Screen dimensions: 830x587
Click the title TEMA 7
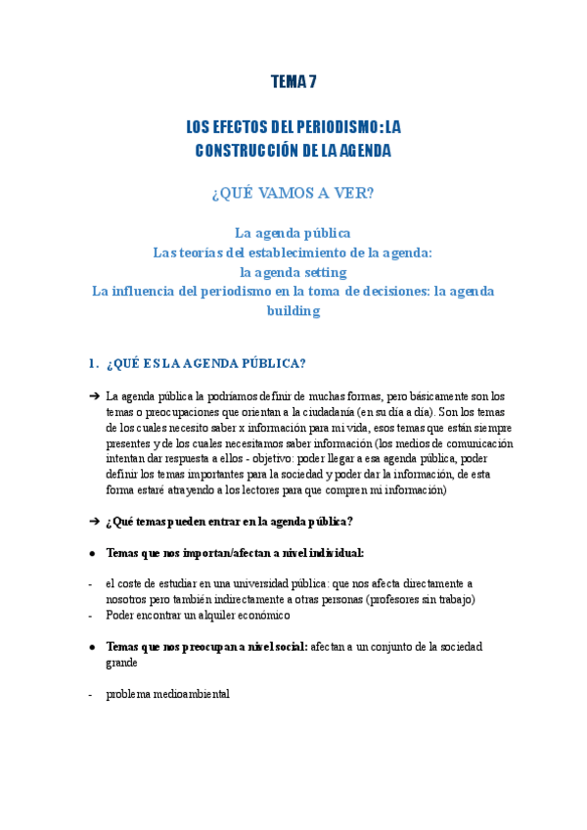(293, 82)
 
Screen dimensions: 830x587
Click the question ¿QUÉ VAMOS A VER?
(293, 193)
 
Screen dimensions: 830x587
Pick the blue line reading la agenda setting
(293, 271)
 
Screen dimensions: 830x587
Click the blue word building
(293, 310)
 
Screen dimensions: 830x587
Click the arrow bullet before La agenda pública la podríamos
(93, 396)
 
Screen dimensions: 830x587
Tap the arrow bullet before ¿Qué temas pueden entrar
(93, 521)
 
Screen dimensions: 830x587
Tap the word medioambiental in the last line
(191, 694)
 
